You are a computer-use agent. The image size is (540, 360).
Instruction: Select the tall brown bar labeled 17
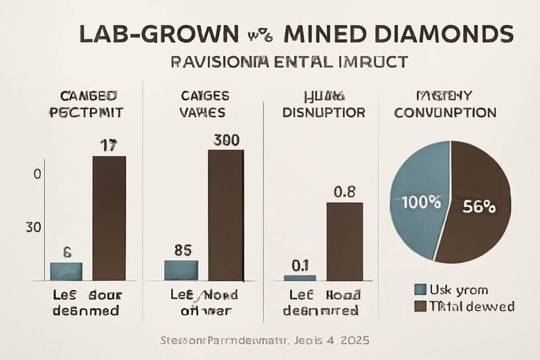click(x=109, y=218)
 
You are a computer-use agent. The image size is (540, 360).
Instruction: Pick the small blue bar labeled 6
click(x=66, y=271)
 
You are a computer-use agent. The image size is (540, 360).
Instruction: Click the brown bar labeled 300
click(x=226, y=215)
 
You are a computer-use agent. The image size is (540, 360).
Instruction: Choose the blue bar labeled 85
click(x=181, y=270)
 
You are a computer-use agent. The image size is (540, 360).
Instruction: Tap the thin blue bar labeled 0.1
click(x=300, y=278)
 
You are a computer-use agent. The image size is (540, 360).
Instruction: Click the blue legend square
click(x=419, y=290)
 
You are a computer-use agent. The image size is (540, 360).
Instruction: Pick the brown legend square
click(x=419, y=306)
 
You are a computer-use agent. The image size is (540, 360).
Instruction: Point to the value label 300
click(x=226, y=139)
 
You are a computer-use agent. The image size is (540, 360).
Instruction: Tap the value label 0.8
click(x=345, y=192)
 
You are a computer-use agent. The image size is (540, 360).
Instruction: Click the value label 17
click(x=109, y=145)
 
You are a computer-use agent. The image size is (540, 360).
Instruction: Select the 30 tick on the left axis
click(x=35, y=227)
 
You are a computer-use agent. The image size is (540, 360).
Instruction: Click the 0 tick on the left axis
click(x=37, y=174)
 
